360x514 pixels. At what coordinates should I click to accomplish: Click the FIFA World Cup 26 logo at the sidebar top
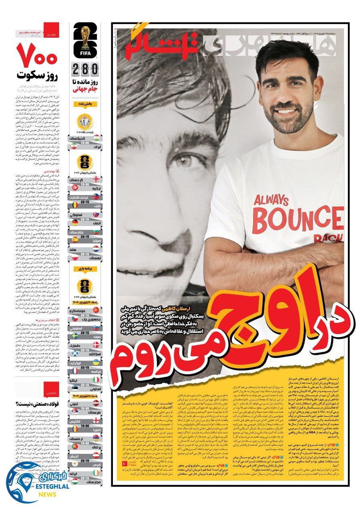click(85, 40)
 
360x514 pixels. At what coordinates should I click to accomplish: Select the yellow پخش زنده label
click(85, 104)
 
